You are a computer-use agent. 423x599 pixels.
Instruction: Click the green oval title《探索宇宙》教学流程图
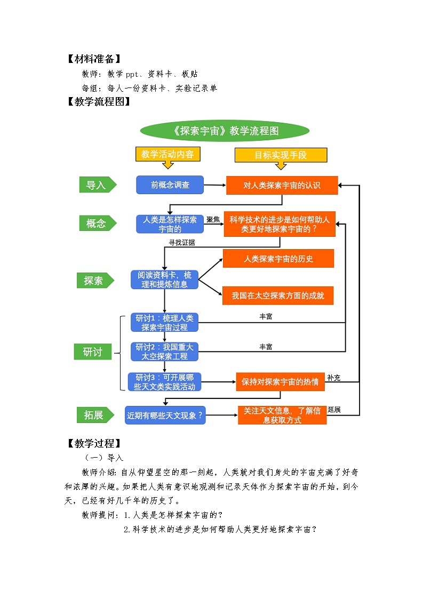225,131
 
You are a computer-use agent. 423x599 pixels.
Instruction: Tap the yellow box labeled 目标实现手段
281,155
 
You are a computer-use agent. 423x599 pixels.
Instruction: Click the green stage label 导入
96,185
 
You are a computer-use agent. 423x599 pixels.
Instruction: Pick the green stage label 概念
96,223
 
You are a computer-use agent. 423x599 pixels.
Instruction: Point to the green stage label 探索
94,280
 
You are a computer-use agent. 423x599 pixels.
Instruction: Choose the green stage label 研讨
93,352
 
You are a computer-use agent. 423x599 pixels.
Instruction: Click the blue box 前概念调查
170,185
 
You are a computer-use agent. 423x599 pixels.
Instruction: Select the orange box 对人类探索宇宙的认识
282,186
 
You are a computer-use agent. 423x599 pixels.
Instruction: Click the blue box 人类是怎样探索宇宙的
170,224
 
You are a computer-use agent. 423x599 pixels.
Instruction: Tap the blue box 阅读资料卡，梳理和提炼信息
164,279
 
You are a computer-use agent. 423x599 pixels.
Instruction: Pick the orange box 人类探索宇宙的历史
278,259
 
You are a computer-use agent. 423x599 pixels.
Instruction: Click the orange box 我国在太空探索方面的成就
277,295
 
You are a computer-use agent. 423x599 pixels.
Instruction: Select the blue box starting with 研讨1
164,323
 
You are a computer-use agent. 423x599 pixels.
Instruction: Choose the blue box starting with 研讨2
164,352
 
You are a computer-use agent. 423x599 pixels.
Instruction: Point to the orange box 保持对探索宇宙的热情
280,382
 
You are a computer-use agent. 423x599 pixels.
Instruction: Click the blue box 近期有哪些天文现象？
165,414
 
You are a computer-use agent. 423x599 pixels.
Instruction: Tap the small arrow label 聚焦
213,219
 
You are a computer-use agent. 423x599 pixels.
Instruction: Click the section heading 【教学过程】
94,443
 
